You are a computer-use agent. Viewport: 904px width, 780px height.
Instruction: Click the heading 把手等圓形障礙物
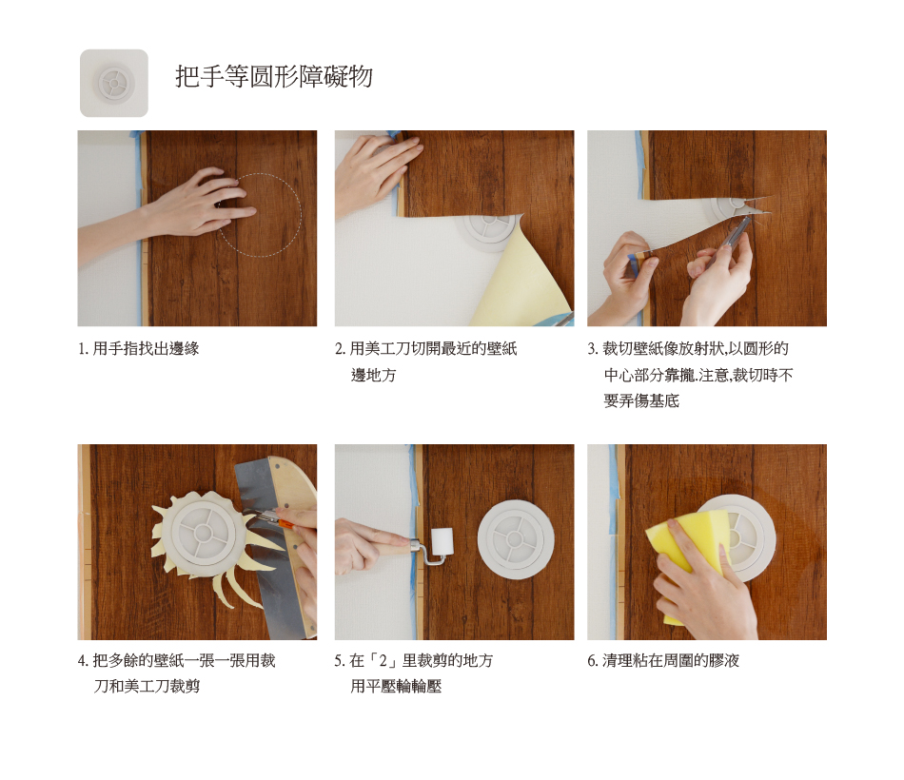click(x=274, y=76)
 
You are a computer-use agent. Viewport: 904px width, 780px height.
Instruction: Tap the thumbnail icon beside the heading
click(x=114, y=83)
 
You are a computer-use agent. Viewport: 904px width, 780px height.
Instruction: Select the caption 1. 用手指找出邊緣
click(x=138, y=348)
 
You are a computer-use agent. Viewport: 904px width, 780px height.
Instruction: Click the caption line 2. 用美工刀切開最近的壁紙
click(x=426, y=348)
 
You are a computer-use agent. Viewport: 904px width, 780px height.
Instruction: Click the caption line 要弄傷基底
click(x=641, y=400)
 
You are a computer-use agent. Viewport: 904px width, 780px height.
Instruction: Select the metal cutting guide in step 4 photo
click(x=271, y=536)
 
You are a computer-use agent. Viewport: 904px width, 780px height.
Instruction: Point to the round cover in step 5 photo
click(x=516, y=539)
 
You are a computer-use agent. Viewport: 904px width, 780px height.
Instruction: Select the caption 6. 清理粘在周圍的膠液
click(x=663, y=660)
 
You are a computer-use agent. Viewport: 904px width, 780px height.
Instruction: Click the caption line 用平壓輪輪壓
click(x=396, y=686)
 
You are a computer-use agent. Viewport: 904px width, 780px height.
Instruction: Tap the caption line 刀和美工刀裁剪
click(x=147, y=686)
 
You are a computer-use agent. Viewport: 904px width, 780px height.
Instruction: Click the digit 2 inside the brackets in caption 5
click(x=383, y=661)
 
